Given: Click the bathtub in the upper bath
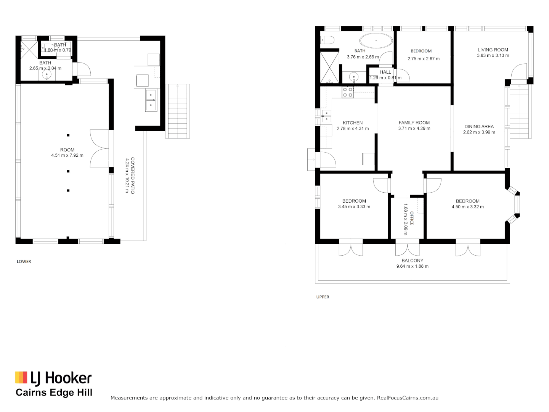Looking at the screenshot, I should point(376,40).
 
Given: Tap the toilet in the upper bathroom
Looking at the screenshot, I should point(327,40).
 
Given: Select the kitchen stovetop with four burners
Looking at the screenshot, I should point(348,92).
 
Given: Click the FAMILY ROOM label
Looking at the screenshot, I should point(414,123).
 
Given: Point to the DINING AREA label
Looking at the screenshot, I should point(479,127).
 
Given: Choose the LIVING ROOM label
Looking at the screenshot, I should point(493,50).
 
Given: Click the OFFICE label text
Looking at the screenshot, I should point(412,218).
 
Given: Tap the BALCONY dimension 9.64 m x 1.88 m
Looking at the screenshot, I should point(412,266).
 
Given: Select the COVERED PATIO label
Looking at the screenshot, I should point(133,175).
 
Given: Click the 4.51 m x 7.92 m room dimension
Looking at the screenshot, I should point(67,156).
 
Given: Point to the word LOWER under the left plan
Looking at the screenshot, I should point(24,262).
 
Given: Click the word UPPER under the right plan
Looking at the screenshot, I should point(323,297).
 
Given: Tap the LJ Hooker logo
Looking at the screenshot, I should point(53,378).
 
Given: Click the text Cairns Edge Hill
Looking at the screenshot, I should point(54,393).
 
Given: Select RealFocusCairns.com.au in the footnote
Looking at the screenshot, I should point(408,398).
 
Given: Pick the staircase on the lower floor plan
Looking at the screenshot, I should point(178,111).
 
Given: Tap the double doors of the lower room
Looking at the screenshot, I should point(100,148).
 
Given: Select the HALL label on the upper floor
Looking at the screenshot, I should point(385,72).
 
